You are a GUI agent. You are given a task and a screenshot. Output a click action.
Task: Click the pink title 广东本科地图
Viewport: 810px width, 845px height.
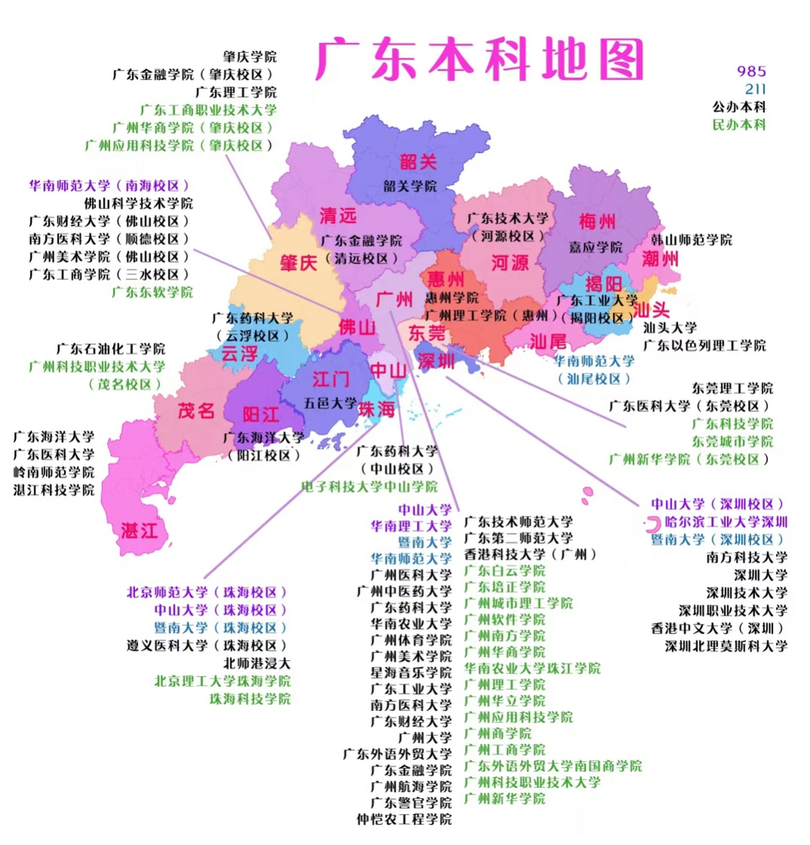[x=480, y=59]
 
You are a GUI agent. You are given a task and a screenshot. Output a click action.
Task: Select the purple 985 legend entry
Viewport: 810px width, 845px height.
[x=751, y=71]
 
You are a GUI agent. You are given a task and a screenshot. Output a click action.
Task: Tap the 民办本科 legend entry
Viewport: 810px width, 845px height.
[x=739, y=124]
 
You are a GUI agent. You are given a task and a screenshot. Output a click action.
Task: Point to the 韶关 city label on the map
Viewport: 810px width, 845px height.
[x=418, y=162]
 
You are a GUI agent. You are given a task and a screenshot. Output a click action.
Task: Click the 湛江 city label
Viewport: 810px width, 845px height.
[x=139, y=530]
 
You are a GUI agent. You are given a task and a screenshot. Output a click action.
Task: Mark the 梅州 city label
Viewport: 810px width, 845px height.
[x=597, y=221]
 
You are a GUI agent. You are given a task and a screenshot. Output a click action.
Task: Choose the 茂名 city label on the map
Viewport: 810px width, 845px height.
[x=196, y=411]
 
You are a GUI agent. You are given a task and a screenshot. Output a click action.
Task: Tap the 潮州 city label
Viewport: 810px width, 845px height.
[x=660, y=258]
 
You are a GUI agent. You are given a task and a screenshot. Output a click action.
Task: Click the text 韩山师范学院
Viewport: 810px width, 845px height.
[x=691, y=240]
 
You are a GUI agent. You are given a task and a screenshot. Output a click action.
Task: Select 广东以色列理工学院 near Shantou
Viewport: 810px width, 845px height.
[x=704, y=345]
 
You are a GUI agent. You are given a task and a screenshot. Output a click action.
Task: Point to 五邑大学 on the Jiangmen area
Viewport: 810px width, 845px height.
[x=330, y=403]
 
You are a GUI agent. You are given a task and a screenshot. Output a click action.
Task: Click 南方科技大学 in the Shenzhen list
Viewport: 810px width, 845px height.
[x=747, y=557]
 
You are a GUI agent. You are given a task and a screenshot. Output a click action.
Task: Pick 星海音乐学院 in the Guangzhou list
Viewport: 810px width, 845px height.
[x=410, y=673]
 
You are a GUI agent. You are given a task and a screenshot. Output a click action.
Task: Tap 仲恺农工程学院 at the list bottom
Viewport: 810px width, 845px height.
[x=404, y=819]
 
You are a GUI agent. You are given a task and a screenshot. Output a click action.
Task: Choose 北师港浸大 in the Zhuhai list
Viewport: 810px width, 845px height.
[x=256, y=663]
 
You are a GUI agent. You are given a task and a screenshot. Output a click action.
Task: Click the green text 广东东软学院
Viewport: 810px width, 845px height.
[x=152, y=292]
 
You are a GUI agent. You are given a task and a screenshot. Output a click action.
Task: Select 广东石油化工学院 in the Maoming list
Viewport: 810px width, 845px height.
[x=110, y=349]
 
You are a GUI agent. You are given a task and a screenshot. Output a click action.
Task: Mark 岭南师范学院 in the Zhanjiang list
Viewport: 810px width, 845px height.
[x=54, y=472]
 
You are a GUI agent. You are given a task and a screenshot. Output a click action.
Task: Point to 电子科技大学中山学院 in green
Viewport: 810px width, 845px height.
[x=369, y=487]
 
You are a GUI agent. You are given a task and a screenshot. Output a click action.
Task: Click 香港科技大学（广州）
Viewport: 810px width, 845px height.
[x=530, y=555]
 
